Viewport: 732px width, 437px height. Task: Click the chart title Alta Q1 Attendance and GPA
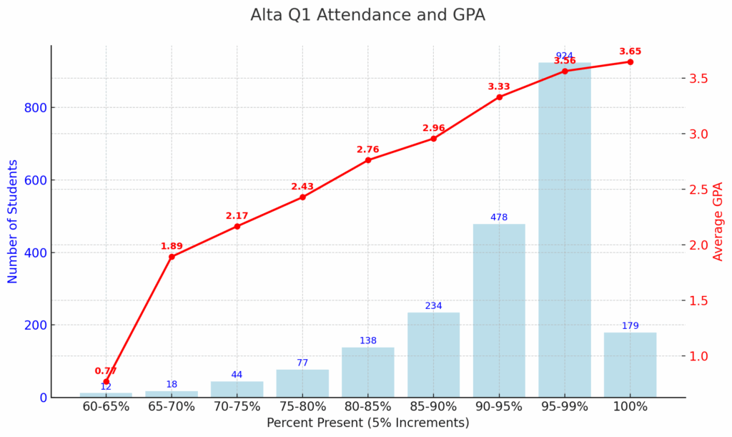[x=367, y=15]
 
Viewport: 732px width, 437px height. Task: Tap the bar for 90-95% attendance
[x=499, y=311]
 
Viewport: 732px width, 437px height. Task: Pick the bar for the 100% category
[x=630, y=365]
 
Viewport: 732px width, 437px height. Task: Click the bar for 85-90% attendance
[x=433, y=355]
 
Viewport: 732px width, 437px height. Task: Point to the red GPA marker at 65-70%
[x=172, y=257]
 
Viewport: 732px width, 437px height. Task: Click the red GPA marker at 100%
[x=630, y=62]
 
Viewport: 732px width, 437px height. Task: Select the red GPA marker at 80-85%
[x=368, y=160]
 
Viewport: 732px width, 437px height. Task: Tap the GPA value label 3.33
[x=499, y=87]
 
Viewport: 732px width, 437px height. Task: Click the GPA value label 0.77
[x=106, y=371]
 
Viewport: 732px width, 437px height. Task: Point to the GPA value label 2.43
[x=302, y=187]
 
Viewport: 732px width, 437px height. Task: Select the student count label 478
[x=499, y=217]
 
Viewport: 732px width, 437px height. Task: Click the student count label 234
[x=433, y=306]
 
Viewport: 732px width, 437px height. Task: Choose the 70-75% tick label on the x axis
[x=237, y=406]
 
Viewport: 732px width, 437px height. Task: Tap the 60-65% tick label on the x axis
[x=106, y=406]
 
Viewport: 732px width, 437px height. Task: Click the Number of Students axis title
[x=13, y=222]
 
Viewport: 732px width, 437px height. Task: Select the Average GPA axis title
[x=718, y=222]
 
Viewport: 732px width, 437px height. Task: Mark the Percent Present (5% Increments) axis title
[x=367, y=423]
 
